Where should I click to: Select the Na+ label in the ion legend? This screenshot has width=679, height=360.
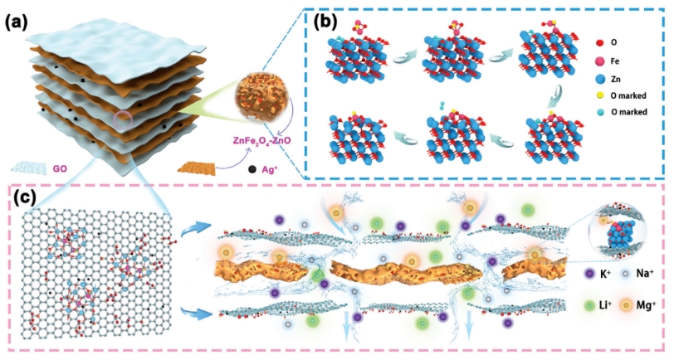click(653, 271)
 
